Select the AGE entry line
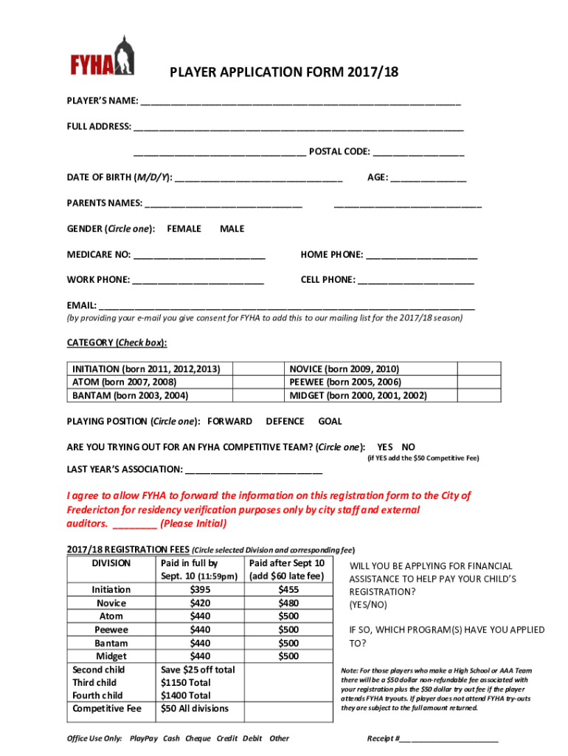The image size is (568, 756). (428, 179)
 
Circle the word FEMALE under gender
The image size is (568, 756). (184, 229)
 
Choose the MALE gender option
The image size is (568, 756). (232, 229)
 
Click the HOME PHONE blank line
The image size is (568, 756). (421, 256)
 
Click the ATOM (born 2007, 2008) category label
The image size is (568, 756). (124, 382)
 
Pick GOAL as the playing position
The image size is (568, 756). (330, 422)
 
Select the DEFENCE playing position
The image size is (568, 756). (285, 422)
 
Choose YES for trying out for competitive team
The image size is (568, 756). (385, 447)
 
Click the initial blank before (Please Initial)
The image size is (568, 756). (135, 525)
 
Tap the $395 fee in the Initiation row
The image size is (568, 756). (200, 590)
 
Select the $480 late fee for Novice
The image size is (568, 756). (288, 603)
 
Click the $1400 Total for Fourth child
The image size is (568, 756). (185, 695)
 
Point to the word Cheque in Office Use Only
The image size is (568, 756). (198, 738)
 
